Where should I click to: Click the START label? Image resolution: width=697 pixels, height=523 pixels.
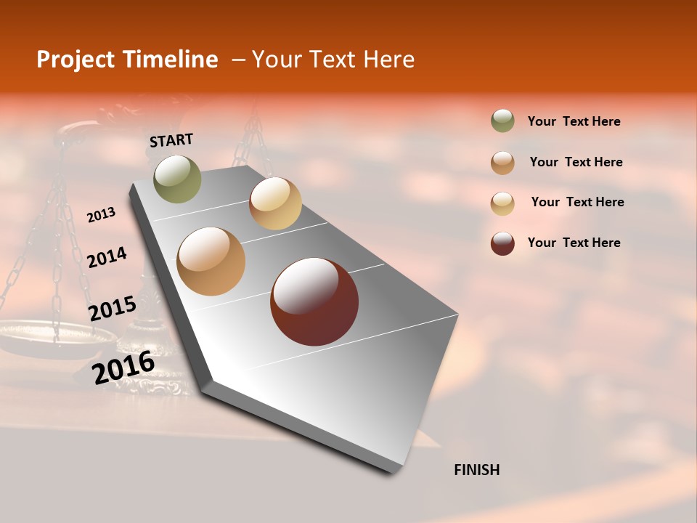point(171,140)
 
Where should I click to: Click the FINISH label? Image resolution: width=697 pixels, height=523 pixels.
point(477,470)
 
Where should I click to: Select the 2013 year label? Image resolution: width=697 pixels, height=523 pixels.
point(101,215)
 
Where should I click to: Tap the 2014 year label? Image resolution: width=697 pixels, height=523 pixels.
point(107,257)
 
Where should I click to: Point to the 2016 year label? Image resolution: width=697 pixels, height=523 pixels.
point(123,368)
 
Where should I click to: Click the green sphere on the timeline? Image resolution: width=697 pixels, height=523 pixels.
point(178,179)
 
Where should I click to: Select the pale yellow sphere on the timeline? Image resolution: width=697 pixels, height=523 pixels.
point(275,203)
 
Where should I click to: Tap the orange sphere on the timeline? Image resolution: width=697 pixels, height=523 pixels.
point(211,261)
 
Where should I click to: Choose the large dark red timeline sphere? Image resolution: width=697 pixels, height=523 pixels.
point(314,301)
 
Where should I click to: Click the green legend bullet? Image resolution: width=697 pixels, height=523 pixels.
point(502,121)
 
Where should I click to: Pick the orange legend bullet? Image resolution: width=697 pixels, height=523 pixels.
point(502,162)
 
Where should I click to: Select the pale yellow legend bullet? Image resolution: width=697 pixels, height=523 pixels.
point(502,203)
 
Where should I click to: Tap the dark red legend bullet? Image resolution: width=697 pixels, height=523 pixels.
point(502,243)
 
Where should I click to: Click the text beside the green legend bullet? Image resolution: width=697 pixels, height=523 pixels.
point(574,121)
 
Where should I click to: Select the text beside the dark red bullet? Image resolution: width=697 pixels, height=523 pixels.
point(574,243)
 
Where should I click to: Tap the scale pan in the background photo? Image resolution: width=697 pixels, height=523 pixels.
point(54,336)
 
